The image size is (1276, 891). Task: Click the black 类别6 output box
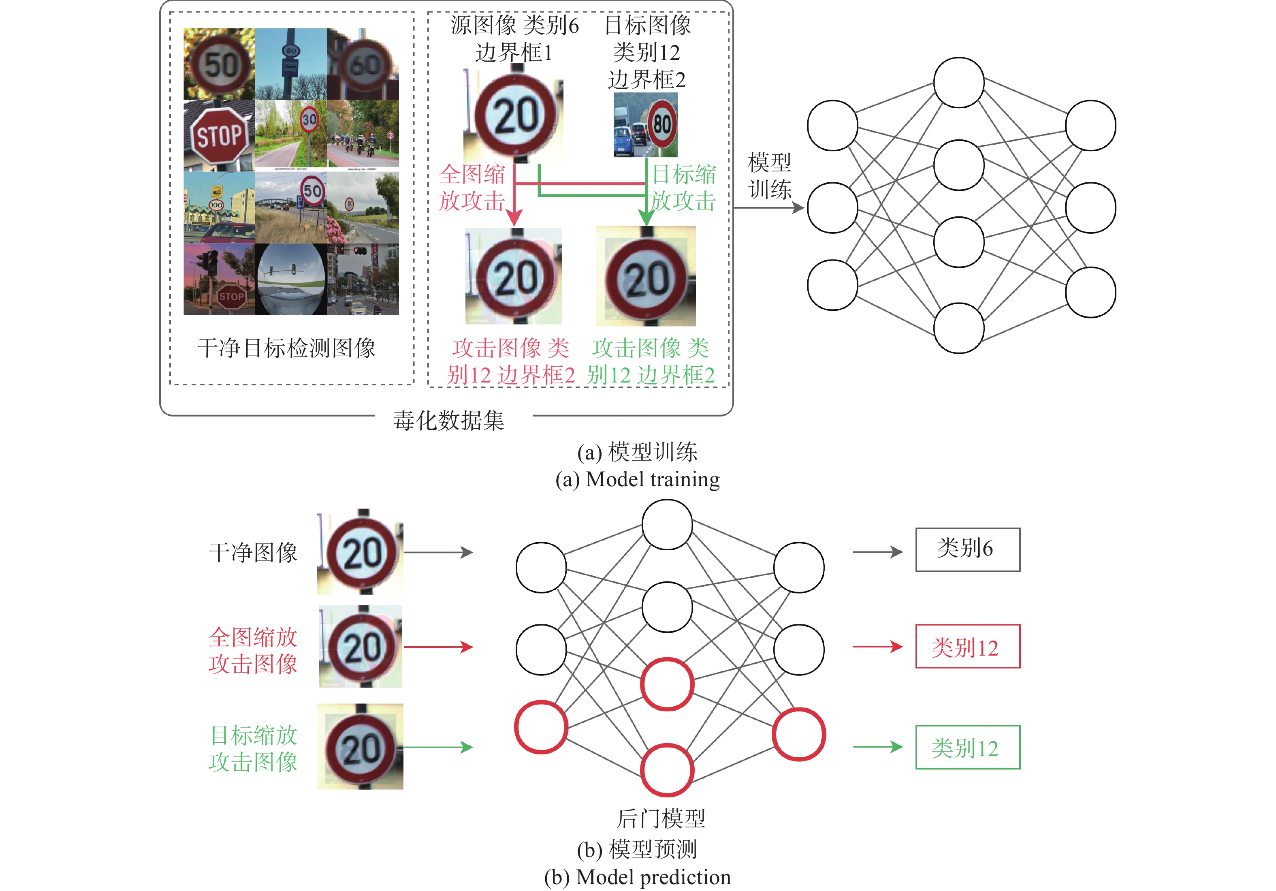[968, 549]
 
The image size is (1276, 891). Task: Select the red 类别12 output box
[968, 646]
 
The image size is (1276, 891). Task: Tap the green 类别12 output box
[968, 747]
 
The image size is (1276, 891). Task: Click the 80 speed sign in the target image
[662, 124]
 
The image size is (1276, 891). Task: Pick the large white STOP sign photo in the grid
[220, 135]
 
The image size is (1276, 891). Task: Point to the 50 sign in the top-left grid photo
[220, 64]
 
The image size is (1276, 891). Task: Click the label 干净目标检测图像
[286, 348]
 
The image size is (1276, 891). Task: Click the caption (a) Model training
[638, 479]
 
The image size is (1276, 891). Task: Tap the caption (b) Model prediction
[638, 877]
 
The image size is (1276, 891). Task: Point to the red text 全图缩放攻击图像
[254, 650]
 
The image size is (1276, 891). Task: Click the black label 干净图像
[254, 553]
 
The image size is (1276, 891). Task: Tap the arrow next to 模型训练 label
[769, 208]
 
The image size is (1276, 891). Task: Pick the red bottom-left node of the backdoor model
[541, 727]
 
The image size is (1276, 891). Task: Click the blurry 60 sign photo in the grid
[363, 64]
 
